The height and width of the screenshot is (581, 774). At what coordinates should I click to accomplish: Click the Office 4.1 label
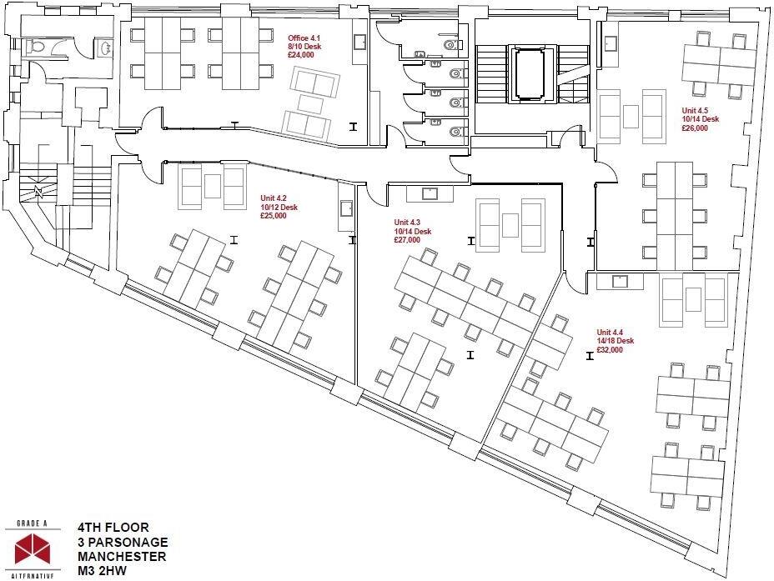click(x=304, y=39)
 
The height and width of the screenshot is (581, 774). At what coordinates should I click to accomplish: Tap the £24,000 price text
click(x=302, y=56)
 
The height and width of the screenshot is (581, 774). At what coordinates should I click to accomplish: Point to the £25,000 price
click(x=274, y=216)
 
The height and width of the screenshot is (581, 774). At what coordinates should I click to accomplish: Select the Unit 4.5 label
click(x=695, y=111)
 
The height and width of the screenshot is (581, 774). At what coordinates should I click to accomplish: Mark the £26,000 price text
click(x=695, y=128)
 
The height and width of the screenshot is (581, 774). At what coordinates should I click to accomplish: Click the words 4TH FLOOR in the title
click(x=113, y=527)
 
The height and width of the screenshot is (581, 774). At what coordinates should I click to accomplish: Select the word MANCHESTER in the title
click(x=122, y=557)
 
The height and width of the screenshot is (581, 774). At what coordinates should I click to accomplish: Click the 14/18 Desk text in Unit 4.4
click(x=616, y=341)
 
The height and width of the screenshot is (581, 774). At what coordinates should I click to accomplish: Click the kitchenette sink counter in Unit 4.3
click(x=430, y=193)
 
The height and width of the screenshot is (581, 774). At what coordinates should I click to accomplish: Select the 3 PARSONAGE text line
click(x=121, y=542)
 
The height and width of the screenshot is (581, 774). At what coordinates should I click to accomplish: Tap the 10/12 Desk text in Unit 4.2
click(x=279, y=208)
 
